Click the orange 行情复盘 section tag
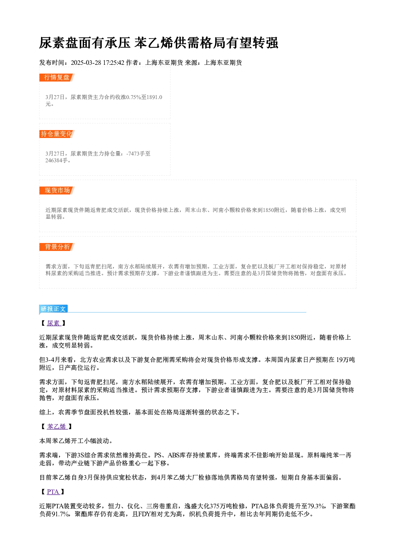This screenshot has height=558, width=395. [x=57, y=78]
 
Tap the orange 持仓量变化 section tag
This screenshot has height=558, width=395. [x=57, y=134]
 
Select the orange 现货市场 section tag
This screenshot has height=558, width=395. [x=57, y=191]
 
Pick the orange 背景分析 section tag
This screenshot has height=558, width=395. [x=57, y=247]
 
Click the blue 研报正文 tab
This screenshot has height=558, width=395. [x=53, y=309]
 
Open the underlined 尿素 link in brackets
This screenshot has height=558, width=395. [x=53, y=323]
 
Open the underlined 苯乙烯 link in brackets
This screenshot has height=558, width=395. [x=57, y=427]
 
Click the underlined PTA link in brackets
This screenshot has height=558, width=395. [x=53, y=492]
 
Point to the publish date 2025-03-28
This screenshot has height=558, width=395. [x=86, y=63]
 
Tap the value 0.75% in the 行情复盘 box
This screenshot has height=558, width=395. [x=134, y=97]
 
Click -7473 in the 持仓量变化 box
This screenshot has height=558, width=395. [x=133, y=154]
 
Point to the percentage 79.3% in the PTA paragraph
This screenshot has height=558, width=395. [x=316, y=506]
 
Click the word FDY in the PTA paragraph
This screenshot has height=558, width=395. [x=144, y=514]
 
